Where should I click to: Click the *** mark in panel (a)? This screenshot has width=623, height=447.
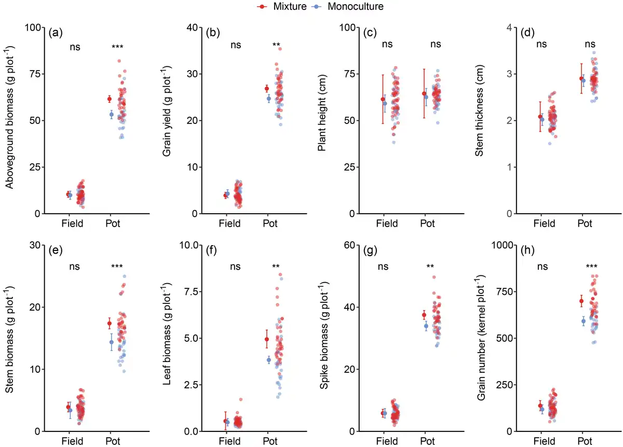point(117,48)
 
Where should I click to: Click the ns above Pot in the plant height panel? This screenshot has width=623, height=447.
point(435,45)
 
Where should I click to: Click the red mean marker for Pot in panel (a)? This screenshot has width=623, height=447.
point(110,99)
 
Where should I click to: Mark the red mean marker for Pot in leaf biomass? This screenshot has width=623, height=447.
point(267,340)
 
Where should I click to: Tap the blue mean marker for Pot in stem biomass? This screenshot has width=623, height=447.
point(111,342)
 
